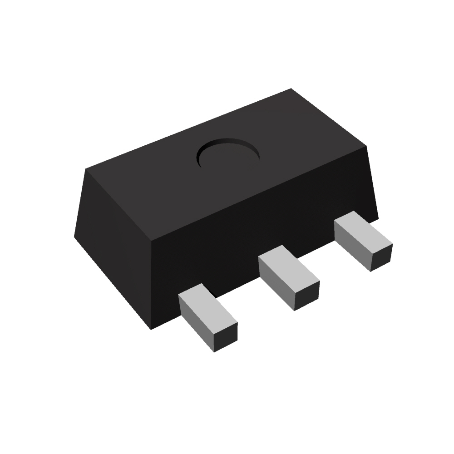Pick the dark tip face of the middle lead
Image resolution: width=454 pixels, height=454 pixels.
tap(307, 296)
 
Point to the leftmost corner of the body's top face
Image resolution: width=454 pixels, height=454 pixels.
tap(86, 169)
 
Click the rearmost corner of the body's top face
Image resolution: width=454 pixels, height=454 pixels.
tap(291, 89)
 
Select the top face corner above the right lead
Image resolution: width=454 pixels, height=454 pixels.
tap(367, 147)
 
